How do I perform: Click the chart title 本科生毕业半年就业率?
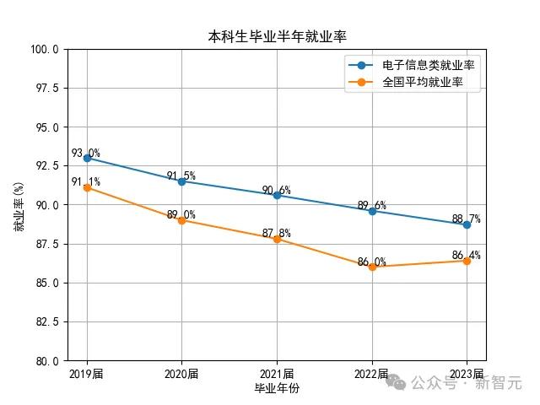click(277, 36)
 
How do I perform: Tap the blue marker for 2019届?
click(87, 158)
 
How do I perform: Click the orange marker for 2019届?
click(87, 187)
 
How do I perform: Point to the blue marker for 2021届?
click(277, 195)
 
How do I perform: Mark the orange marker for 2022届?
click(372, 267)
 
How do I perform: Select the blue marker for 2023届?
click(467, 224)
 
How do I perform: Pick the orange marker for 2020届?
click(181, 220)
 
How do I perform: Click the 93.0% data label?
click(85, 153)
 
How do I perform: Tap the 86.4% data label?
click(466, 255)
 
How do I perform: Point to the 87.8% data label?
click(276, 233)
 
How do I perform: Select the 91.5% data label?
click(181, 176)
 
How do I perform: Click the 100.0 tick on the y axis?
click(44, 49)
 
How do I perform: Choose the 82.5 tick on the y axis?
click(46, 321)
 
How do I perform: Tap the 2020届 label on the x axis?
click(181, 374)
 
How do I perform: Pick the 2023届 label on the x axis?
click(467, 374)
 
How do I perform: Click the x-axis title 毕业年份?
click(277, 388)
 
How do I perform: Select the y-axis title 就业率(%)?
click(19, 206)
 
